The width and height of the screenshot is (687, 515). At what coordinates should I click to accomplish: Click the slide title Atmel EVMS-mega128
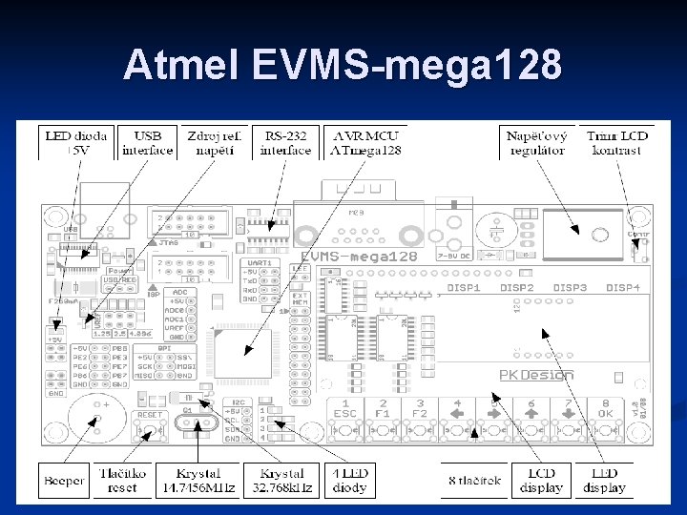click(x=343, y=66)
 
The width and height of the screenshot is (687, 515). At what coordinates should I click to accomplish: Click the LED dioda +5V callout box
click(x=76, y=143)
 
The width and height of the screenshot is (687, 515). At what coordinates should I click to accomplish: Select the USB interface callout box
click(x=148, y=143)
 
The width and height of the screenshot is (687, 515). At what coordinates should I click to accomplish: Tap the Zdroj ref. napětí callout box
click(x=218, y=143)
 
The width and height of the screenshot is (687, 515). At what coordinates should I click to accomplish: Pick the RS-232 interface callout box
click(x=286, y=143)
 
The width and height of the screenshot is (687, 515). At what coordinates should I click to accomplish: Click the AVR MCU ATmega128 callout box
click(x=365, y=143)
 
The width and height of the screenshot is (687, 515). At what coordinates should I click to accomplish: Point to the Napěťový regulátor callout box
click(x=538, y=143)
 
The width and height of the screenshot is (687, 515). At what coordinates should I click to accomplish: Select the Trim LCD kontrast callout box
click(x=617, y=143)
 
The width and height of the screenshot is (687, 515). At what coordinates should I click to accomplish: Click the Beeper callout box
click(x=64, y=480)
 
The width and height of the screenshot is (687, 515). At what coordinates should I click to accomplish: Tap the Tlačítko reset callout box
click(x=122, y=480)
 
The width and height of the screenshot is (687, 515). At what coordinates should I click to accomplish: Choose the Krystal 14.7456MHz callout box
click(x=198, y=480)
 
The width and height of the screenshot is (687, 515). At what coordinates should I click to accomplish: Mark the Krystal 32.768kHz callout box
click(x=277, y=480)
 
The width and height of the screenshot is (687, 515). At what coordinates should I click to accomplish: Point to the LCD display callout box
click(x=541, y=480)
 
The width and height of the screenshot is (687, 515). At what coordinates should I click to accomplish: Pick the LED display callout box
click(x=604, y=480)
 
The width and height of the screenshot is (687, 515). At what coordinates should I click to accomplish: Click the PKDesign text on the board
click(x=536, y=375)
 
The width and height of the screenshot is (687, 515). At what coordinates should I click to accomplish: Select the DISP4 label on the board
click(x=623, y=287)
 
